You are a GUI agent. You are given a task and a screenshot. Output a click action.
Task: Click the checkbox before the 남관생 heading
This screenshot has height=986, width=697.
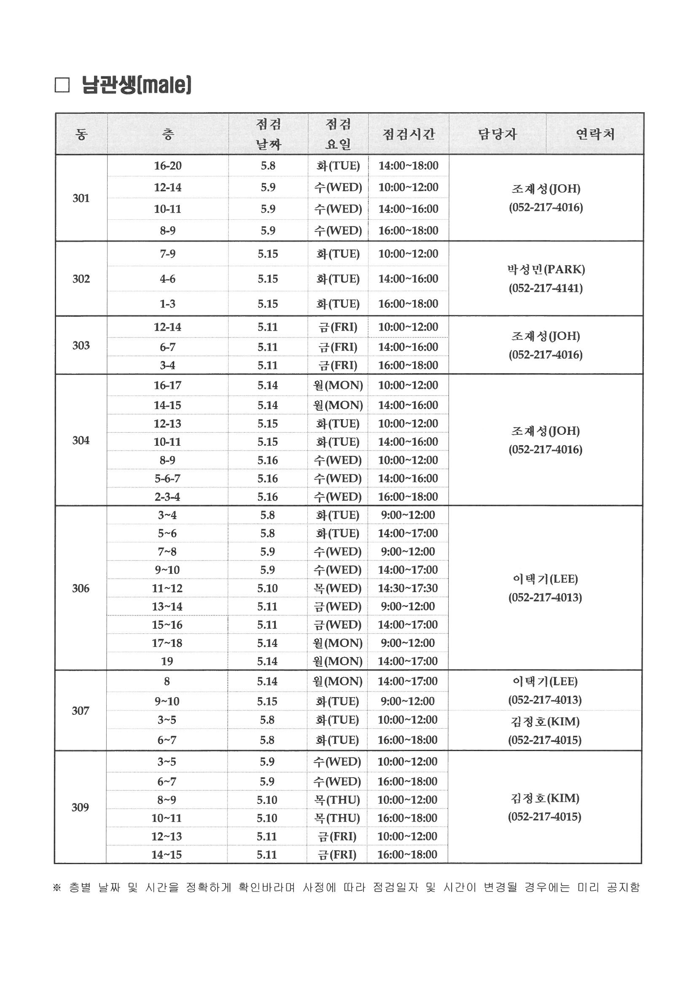pyautogui.click(x=62, y=86)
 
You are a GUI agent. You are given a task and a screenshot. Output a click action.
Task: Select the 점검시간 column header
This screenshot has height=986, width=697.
pyautogui.click(x=409, y=134)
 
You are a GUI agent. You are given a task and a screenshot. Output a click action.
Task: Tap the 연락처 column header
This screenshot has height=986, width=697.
pyautogui.click(x=595, y=134)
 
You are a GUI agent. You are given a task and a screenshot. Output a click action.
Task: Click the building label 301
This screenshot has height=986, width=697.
pyautogui.click(x=81, y=198)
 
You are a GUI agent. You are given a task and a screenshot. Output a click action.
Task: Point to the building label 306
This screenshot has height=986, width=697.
pyautogui.click(x=81, y=588)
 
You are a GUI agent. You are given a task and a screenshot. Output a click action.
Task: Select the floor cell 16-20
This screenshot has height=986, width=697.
pyautogui.click(x=167, y=165)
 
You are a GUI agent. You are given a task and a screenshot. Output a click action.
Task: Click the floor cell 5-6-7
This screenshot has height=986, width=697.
pyautogui.click(x=167, y=478)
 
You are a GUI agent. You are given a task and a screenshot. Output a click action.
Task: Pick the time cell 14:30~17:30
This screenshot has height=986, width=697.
pyautogui.click(x=408, y=588)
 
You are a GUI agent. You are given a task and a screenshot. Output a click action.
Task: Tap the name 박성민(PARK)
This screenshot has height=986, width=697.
pyautogui.click(x=545, y=269)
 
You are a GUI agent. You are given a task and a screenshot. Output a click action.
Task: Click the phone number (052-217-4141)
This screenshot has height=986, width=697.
pyautogui.click(x=545, y=288)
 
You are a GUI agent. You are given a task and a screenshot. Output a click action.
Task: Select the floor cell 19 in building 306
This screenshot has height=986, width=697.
pyautogui.click(x=167, y=661)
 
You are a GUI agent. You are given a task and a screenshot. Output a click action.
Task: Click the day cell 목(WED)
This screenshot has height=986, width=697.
pyautogui.click(x=337, y=588)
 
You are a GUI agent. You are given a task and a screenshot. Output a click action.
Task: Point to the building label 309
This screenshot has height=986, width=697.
pyautogui.click(x=80, y=807)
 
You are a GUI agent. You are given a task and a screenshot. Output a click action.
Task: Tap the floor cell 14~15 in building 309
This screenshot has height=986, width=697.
pyautogui.click(x=167, y=854)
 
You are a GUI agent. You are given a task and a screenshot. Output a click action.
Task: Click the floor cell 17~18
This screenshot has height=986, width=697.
pyautogui.click(x=167, y=642)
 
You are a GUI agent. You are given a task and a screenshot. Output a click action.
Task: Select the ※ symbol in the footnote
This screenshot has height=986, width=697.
pyautogui.click(x=57, y=887)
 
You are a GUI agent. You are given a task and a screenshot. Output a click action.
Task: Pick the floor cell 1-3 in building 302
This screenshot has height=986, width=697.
pyautogui.click(x=167, y=304)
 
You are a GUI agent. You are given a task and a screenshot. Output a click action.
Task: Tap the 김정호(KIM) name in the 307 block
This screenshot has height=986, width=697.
pyautogui.click(x=545, y=721)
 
